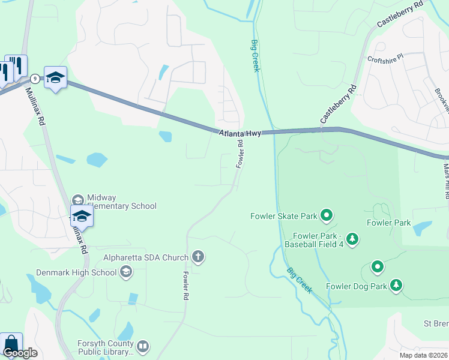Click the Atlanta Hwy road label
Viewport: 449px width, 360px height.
click(x=240, y=133)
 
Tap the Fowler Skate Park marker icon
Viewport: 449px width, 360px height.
click(x=327, y=214)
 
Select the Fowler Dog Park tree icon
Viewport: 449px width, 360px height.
click(x=396, y=286)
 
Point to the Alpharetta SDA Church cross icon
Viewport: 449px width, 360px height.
click(x=198, y=257)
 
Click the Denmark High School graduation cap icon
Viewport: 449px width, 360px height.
click(x=125, y=272)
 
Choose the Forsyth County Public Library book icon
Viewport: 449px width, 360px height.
click(x=142, y=346)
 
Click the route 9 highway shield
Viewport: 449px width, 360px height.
click(x=35, y=79)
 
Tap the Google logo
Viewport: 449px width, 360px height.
click(x=20, y=353)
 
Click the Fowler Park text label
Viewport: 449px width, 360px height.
click(x=388, y=223)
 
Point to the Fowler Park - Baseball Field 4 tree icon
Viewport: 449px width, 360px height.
click(x=352, y=239)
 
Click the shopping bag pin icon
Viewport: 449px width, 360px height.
click(x=11, y=343)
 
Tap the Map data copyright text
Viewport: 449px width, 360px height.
click(x=424, y=355)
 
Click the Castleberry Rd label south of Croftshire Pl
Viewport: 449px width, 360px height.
click(x=339, y=104)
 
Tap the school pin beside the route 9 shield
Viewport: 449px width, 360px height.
click(x=55, y=77)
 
